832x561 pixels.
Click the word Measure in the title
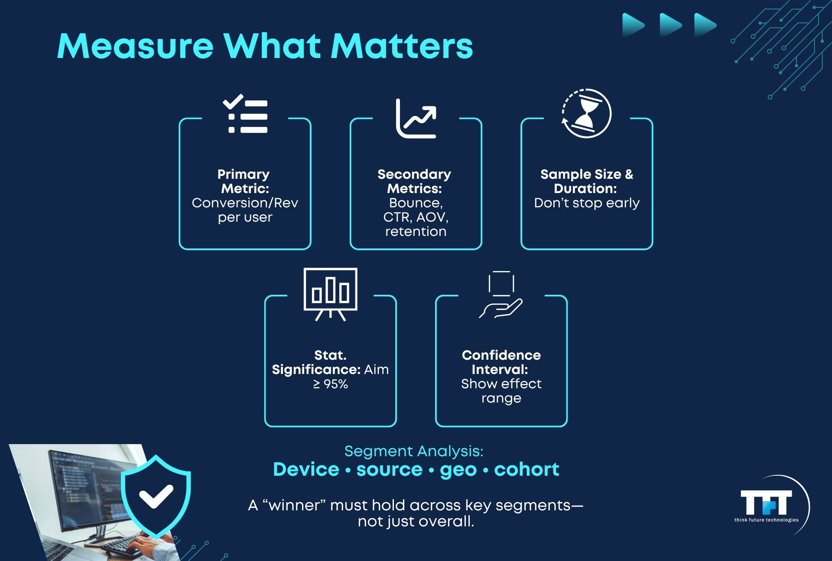pyautogui.click(x=136, y=46)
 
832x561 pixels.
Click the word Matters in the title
pyautogui.click(x=402, y=46)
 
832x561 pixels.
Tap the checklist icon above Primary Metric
pyautogui.click(x=245, y=113)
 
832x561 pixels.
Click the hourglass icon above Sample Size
pyautogui.click(x=586, y=113)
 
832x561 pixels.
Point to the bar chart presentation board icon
pyautogui.click(x=331, y=294)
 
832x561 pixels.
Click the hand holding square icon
pyautogui.click(x=501, y=295)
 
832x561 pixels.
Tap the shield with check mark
pyautogui.click(x=156, y=496)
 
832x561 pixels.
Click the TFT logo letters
pyautogui.click(x=766, y=503)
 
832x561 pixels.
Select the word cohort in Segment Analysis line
pyautogui.click(x=526, y=469)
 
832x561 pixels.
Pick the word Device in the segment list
pyautogui.click(x=306, y=469)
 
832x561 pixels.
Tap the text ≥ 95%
pyautogui.click(x=331, y=384)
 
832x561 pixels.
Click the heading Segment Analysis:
pyautogui.click(x=414, y=451)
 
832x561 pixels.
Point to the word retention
pyautogui.click(x=416, y=232)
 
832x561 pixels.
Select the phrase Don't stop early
pyautogui.click(x=587, y=203)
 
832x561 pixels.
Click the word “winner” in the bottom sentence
pyautogui.click(x=294, y=505)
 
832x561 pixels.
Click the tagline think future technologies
pyautogui.click(x=766, y=520)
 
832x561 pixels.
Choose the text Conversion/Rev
pyautogui.click(x=245, y=203)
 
